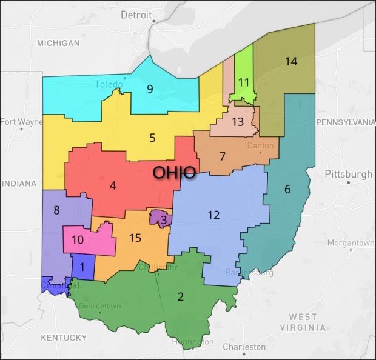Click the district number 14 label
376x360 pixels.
[290, 61]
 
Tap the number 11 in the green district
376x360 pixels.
[244, 81]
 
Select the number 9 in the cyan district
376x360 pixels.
[150, 89]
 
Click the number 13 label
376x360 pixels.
[238, 122]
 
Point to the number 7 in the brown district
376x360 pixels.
[223, 156]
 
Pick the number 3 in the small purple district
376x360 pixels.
[163, 219]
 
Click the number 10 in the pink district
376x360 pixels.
[78, 239]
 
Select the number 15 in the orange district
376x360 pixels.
[135, 238]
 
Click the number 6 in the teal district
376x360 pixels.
[287, 189]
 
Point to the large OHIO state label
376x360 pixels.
[174, 172]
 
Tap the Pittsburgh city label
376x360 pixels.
[349, 174]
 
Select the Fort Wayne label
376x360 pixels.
[22, 121]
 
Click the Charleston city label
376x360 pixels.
[244, 347]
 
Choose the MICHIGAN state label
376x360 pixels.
[58, 43]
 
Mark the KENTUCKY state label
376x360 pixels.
[64, 337]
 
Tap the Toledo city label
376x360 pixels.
[109, 84]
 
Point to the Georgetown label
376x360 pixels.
[99, 306]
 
